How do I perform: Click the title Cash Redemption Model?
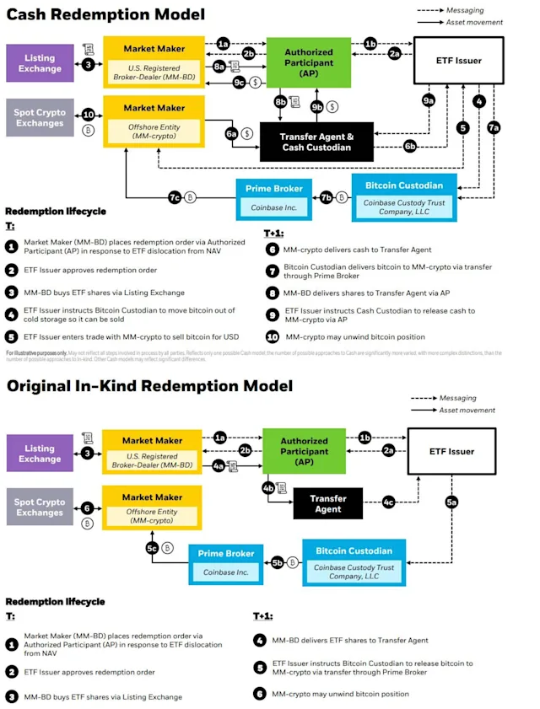[105, 14]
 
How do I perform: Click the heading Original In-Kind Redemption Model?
[149, 385]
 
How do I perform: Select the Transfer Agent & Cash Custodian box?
[316, 142]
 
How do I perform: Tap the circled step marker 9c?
[239, 82]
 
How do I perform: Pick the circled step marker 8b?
[281, 101]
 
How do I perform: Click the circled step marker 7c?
[175, 196]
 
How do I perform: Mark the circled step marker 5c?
[152, 547]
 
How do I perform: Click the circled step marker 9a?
[429, 101]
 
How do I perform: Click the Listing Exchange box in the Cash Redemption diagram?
[40, 63]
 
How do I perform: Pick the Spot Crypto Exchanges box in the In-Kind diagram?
[40, 508]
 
